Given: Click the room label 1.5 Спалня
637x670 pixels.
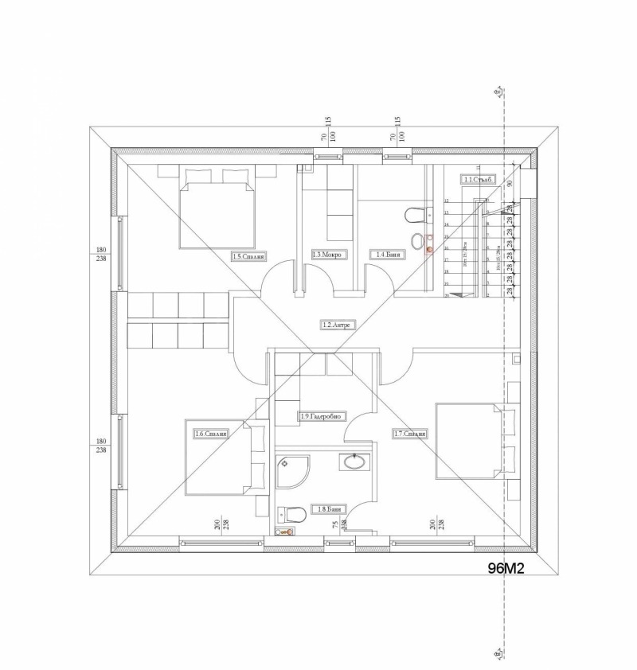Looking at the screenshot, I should (x=248, y=257).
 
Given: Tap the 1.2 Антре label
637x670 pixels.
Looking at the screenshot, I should (x=336, y=325).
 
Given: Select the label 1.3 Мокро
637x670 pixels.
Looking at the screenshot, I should (x=326, y=255).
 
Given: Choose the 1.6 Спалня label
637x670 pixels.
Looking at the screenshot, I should (x=212, y=434).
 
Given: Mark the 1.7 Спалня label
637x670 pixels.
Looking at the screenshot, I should (x=410, y=434).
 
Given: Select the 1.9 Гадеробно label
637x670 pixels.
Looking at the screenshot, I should (x=321, y=416).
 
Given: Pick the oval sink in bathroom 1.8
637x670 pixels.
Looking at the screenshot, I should (x=353, y=462).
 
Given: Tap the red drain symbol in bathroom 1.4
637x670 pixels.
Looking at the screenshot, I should (x=429, y=249).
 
